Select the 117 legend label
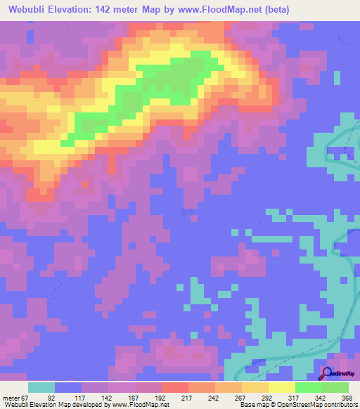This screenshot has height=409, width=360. (89, 397)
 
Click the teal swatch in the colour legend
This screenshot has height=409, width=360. (41, 387)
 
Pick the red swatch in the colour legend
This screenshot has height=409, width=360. (175, 387)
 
